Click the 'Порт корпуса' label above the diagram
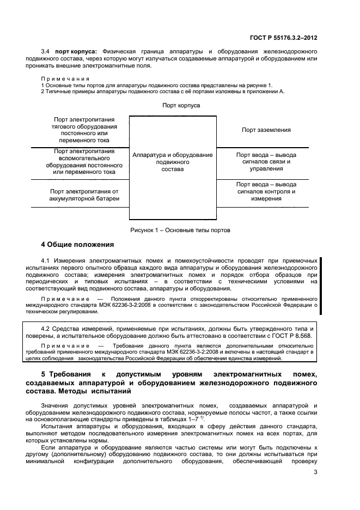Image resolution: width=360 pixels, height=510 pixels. pos(181,105)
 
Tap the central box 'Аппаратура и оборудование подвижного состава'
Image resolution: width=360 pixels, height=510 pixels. pos(172,162)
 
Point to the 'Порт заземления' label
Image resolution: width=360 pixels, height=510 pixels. pos(266,130)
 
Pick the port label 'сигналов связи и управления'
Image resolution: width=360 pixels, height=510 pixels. pos(266,162)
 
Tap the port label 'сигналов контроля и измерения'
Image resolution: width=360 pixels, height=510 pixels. pos(266,191)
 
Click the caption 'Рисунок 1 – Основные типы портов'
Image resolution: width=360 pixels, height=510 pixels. pos(180,230)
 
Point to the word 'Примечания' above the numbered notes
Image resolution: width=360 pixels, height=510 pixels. pos(65,78)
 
